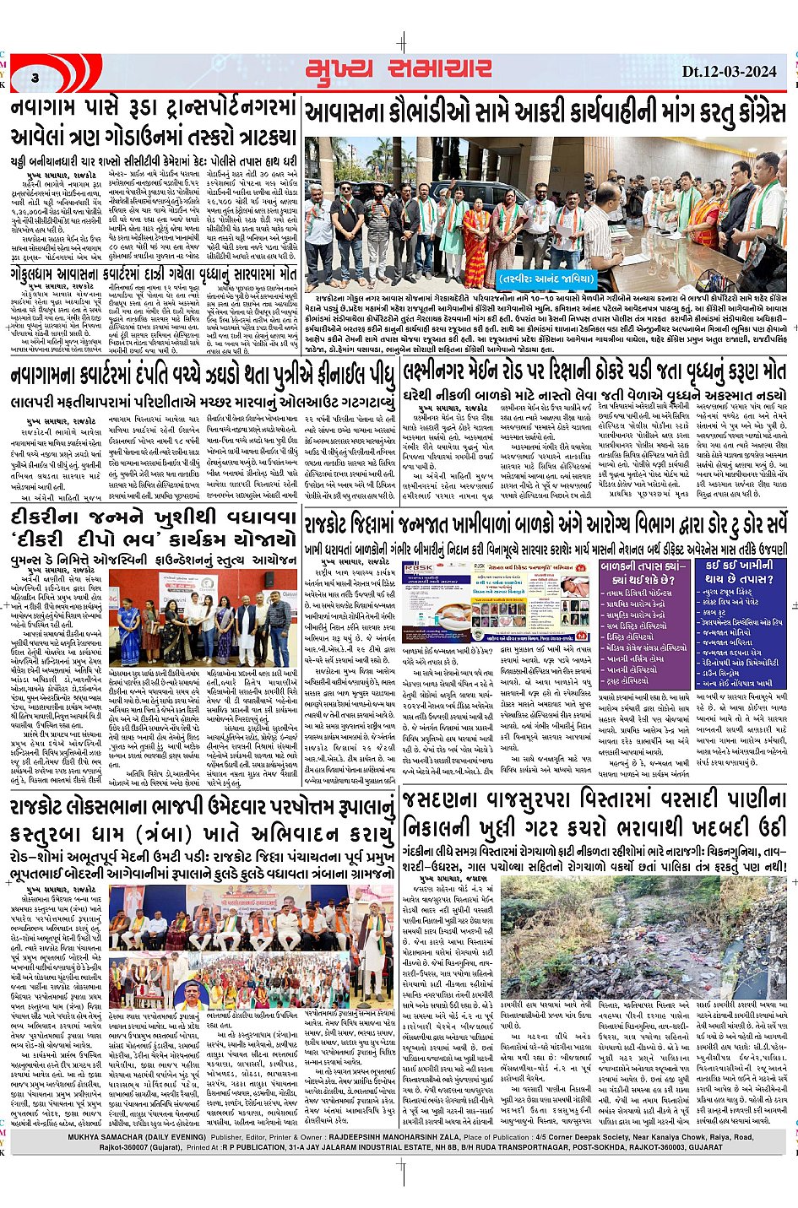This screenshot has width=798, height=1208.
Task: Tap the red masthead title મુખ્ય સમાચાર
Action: coord(399,70)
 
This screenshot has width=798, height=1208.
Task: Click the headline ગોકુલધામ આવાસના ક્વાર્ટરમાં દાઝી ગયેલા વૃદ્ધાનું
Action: coord(154,274)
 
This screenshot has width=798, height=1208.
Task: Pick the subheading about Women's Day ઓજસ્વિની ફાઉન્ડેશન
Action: coord(154,561)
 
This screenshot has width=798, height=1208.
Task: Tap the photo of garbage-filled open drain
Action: coord(644,937)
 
